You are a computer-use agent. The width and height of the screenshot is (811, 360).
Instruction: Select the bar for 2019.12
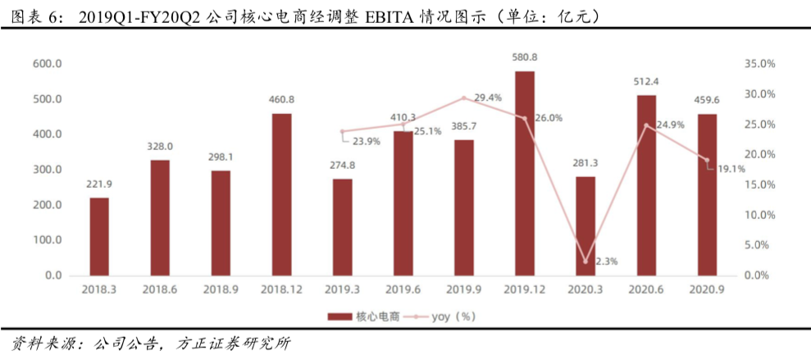click(x=525, y=173)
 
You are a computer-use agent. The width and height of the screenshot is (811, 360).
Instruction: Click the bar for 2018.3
click(x=99, y=236)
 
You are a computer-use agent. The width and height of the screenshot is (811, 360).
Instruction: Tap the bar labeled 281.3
click(x=585, y=226)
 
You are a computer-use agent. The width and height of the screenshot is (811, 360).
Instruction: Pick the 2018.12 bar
click(x=282, y=194)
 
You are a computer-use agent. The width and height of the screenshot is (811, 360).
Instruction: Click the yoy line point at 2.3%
click(x=585, y=262)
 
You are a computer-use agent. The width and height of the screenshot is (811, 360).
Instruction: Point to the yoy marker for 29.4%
click(x=464, y=98)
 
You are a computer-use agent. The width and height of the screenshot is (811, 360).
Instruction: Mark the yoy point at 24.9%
click(x=646, y=125)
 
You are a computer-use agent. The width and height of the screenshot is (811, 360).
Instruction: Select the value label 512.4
click(x=646, y=82)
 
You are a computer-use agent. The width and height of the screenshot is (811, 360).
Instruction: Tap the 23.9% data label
click(x=367, y=141)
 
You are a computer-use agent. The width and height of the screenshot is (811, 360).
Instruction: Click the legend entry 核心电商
click(x=363, y=316)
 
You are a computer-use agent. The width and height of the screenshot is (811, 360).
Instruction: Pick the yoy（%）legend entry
click(x=440, y=316)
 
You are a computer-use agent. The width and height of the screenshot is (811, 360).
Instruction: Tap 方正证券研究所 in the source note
click(x=235, y=344)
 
